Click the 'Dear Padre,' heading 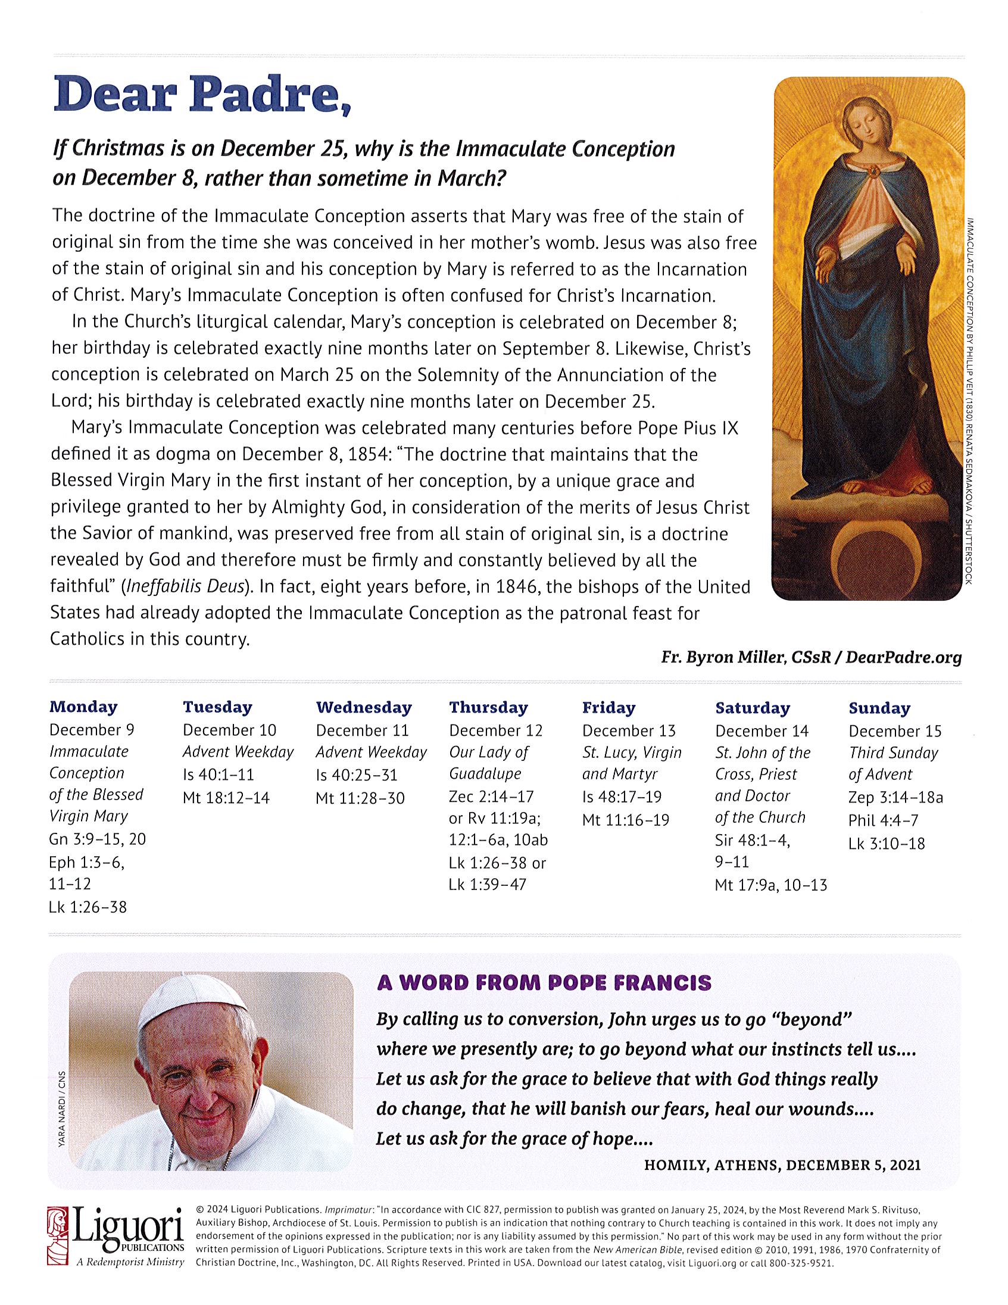pyautogui.click(x=201, y=95)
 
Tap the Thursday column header pyautogui.click(x=488, y=707)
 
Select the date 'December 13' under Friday pyautogui.click(x=629, y=730)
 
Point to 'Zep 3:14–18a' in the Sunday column pyautogui.click(x=895, y=797)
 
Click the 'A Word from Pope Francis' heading pyautogui.click(x=544, y=982)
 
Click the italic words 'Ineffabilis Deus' pyautogui.click(x=185, y=587)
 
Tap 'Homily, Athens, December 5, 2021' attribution pyautogui.click(x=782, y=1164)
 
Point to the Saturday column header pyautogui.click(x=752, y=708)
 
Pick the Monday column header pyautogui.click(x=83, y=707)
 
